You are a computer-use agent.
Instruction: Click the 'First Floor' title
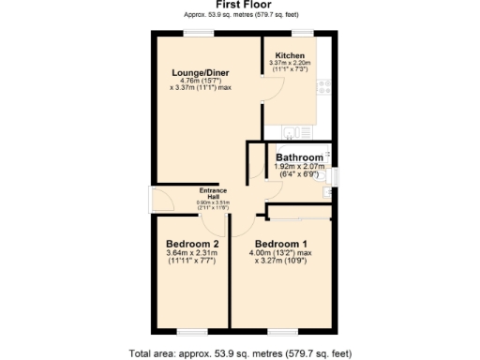pos(239,5)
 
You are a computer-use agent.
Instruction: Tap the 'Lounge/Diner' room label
pos(201,72)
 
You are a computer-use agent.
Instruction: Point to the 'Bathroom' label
pos(300,157)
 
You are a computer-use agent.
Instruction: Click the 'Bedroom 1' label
pos(281,245)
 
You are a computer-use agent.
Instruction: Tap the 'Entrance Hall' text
pos(212,193)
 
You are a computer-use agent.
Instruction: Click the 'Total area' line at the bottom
pos(239,353)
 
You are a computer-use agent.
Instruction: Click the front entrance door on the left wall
pos(150,200)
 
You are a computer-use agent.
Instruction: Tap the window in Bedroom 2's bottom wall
pos(192,331)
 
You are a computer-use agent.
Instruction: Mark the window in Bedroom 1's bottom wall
pos(281,331)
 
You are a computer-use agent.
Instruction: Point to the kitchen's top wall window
pos(300,34)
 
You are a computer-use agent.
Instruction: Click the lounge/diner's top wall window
pos(199,34)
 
